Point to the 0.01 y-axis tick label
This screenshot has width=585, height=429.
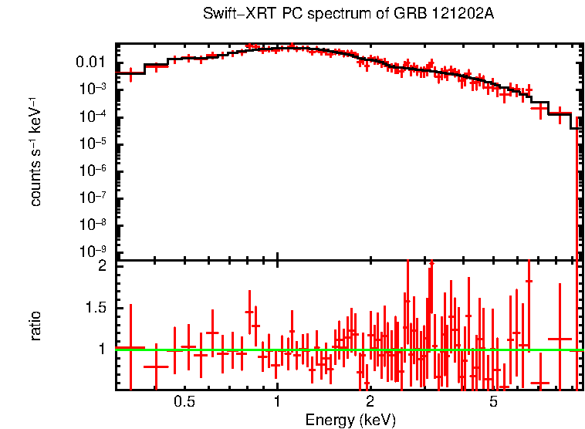point(92,62)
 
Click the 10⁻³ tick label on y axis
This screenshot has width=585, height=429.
point(93,89)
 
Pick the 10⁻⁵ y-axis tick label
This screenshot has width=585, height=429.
point(93,144)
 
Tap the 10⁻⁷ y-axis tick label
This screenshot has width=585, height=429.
point(93,198)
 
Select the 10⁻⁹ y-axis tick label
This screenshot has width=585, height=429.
point(93,252)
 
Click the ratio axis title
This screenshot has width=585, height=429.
point(36,326)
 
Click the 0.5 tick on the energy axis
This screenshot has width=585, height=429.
point(184,403)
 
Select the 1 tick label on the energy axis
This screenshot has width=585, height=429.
point(277,403)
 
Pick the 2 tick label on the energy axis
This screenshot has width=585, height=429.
point(370,403)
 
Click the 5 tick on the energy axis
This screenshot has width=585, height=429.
point(493,403)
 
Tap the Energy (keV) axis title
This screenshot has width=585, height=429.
point(350,420)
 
